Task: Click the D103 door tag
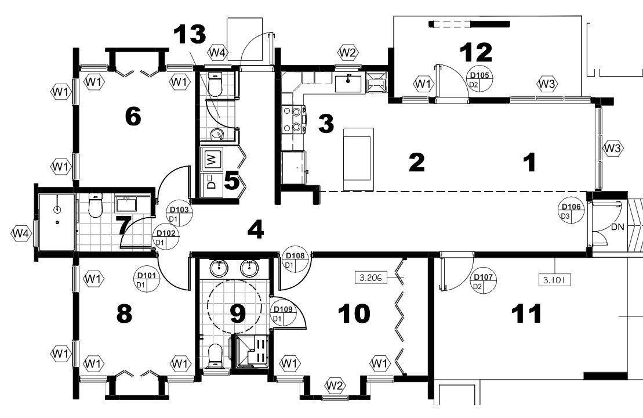[179, 214]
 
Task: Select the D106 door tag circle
[571, 211]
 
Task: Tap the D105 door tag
[479, 80]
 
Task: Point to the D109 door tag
[282, 314]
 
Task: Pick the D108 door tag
[295, 260]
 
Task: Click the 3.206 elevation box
[370, 278]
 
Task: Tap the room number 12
[475, 52]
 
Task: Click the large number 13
[190, 34]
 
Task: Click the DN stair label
[617, 226]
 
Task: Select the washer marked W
[212, 158]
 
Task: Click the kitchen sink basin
[348, 84]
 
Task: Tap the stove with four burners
[293, 119]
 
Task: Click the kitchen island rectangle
[359, 159]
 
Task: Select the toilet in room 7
[95, 205]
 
